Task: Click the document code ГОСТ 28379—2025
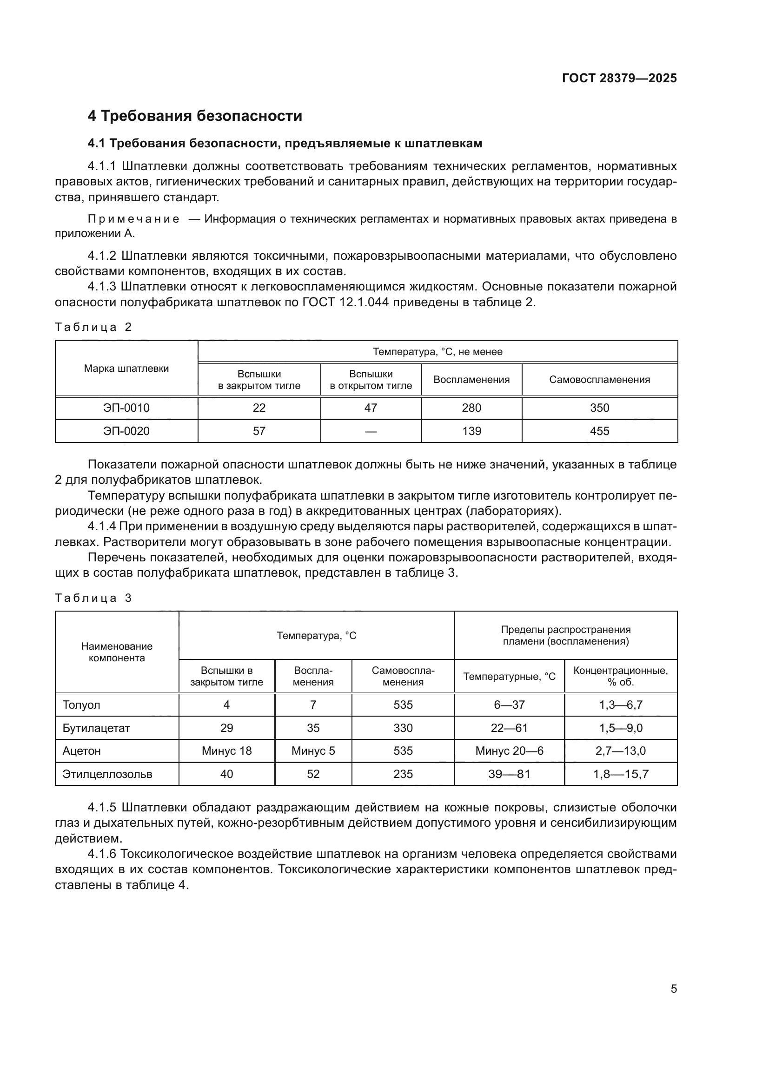click(619, 78)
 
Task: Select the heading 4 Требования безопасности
click(195, 116)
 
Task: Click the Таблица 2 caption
click(93, 327)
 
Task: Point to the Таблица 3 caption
click(93, 598)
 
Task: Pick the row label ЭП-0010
click(126, 408)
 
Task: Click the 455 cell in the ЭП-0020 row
click(599, 431)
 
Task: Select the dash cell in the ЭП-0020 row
click(371, 431)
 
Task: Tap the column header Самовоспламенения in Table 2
click(599, 380)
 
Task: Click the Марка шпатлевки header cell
click(126, 369)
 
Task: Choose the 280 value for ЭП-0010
click(471, 408)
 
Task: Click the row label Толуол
click(81, 705)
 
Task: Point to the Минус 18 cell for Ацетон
click(226, 751)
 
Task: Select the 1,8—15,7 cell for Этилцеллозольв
click(620, 774)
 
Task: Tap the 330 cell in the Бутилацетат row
click(403, 728)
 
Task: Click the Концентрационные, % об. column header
click(620, 676)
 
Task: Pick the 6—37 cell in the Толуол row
click(509, 705)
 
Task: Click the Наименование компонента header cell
click(117, 652)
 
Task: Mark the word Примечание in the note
click(133, 219)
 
